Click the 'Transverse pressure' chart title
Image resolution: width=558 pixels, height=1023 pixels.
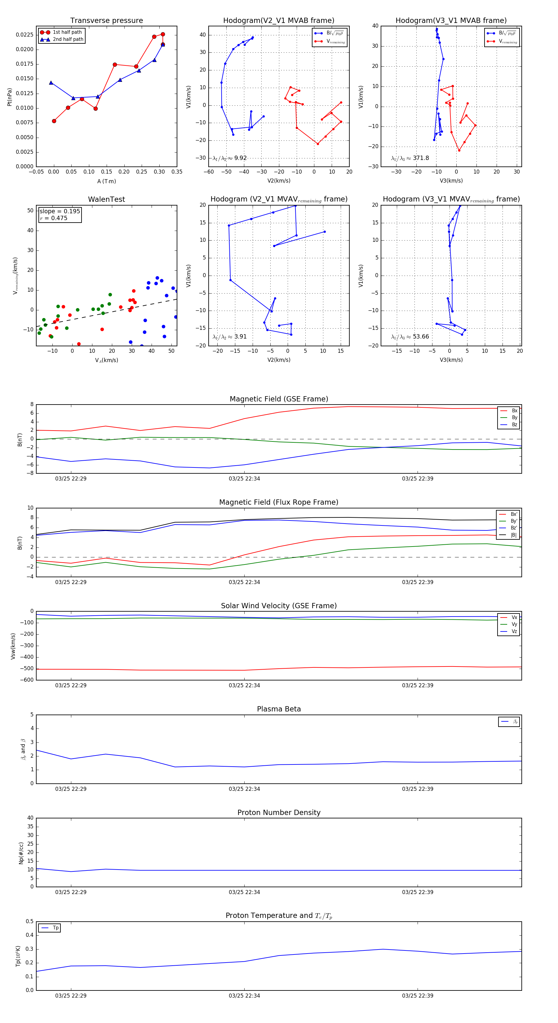[x=106, y=21]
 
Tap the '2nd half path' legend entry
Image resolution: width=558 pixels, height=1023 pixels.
[x=68, y=39]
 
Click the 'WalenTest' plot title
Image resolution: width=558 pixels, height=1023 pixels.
[x=106, y=199]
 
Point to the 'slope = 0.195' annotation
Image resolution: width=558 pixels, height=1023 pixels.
[x=60, y=211]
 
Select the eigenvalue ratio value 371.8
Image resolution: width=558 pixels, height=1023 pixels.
[x=421, y=158]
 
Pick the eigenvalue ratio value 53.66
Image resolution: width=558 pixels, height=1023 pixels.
[x=421, y=337]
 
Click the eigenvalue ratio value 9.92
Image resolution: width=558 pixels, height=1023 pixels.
[x=240, y=158]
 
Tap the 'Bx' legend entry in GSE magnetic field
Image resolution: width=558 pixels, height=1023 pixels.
[x=514, y=411]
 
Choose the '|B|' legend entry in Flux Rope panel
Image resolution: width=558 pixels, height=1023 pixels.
[x=514, y=535]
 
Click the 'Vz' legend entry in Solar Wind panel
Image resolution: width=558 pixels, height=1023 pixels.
[x=514, y=631]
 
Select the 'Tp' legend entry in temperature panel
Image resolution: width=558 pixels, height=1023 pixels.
[x=55, y=928]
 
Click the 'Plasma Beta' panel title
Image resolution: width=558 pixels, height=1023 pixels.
[x=279, y=709]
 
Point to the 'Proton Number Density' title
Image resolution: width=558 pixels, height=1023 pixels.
[x=279, y=813]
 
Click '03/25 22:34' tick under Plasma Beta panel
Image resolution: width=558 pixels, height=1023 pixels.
[x=244, y=789]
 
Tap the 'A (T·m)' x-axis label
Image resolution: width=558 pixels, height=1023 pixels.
[x=106, y=181]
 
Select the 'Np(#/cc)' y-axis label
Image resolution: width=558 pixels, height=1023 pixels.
[x=21, y=853]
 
